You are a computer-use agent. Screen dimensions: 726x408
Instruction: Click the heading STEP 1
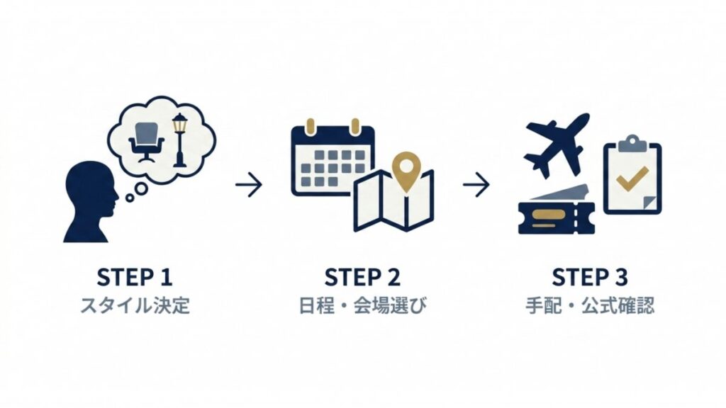pos(135,278)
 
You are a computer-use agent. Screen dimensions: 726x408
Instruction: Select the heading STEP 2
pos(362,278)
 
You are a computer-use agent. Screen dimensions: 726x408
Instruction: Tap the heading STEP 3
pos(590,278)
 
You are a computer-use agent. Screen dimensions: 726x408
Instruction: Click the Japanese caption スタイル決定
pos(135,306)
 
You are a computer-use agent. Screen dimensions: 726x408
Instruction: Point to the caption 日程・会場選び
pos(362,306)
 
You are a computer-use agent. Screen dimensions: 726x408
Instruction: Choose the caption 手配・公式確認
pos(590,306)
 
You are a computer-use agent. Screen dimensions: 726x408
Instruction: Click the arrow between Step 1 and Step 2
pos(249,185)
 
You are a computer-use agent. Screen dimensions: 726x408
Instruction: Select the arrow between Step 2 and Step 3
pos(476,185)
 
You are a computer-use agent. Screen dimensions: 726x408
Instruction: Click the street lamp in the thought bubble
pos(179,140)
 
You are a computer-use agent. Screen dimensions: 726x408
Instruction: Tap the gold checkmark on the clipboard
pos(632,179)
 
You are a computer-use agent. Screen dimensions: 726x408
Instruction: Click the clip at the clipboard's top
pos(632,144)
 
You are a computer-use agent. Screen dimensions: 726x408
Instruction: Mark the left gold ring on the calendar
pos(311,126)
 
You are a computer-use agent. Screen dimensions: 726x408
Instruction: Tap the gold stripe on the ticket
pos(549,215)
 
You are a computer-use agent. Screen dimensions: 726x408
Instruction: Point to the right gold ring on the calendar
pos(355,126)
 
